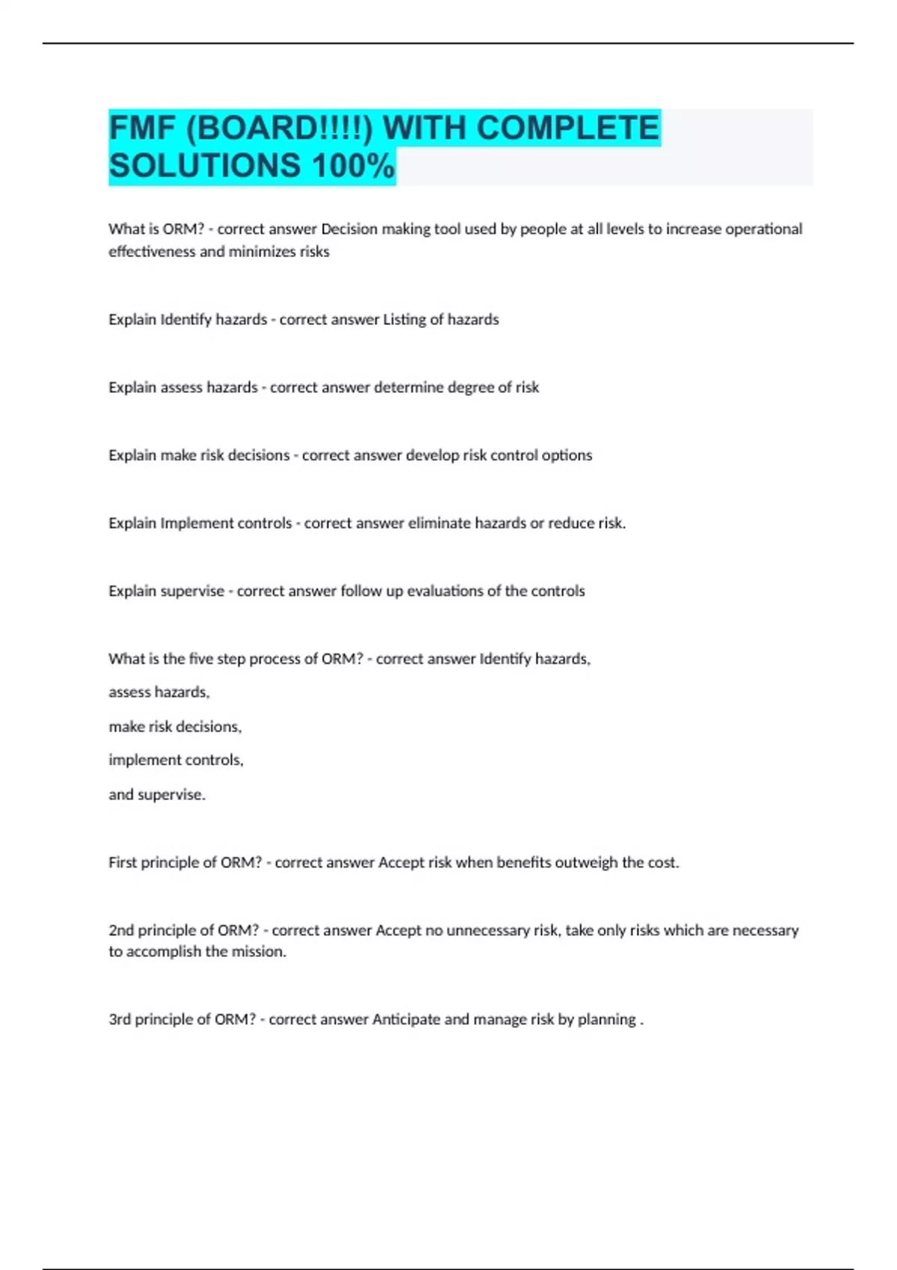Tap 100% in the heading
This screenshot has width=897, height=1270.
[353, 166]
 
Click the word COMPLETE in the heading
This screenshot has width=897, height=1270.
[567, 128]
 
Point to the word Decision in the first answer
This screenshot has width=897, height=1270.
[349, 229]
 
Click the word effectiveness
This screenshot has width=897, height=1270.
[152, 252]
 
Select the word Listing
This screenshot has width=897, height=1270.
[404, 320]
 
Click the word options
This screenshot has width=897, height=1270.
[567, 456]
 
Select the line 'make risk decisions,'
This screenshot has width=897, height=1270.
[175, 727]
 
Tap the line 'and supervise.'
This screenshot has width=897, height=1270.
[157, 795]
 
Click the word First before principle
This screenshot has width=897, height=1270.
[123, 863]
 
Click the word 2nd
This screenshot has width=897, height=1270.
[120, 931]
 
